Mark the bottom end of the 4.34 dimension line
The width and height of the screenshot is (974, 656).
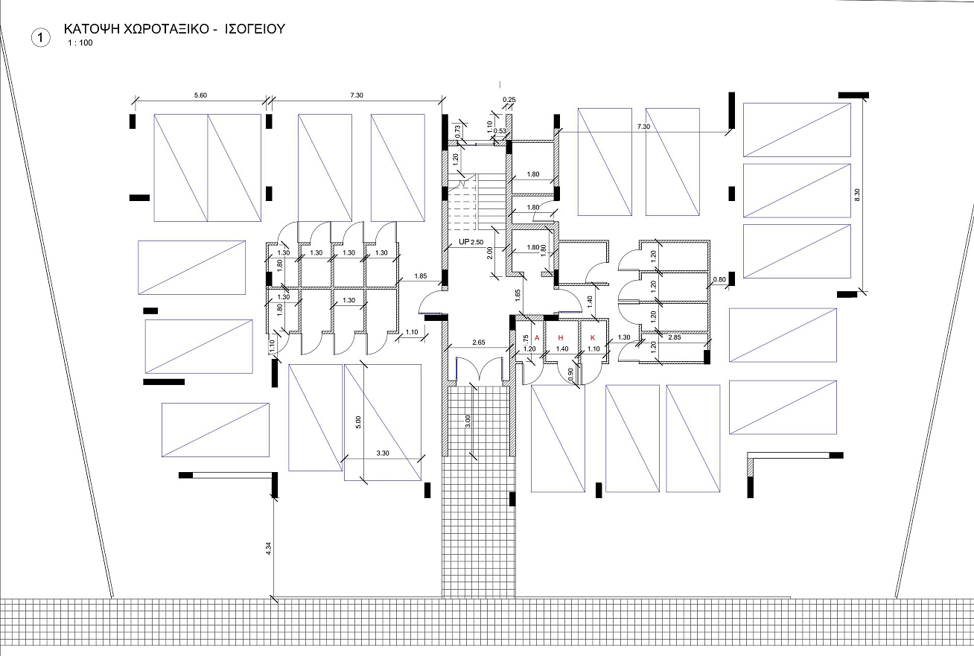[x=274, y=598]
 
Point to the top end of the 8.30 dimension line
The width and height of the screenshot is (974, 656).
[x=862, y=99]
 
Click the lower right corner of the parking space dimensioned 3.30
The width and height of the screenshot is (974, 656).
[x=421, y=480]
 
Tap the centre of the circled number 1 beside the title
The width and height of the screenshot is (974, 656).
[x=41, y=38]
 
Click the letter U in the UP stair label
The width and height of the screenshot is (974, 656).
[x=462, y=242]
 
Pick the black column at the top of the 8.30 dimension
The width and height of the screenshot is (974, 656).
[x=853, y=95]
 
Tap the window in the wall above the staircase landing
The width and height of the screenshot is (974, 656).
[x=479, y=144]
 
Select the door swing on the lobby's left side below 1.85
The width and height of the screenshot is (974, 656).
[x=431, y=302]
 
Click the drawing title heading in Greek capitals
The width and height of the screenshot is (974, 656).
[x=174, y=29]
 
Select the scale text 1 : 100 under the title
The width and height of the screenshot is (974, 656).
[x=80, y=43]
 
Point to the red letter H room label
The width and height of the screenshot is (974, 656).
[x=561, y=338]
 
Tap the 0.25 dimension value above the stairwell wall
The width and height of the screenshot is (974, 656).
[x=509, y=100]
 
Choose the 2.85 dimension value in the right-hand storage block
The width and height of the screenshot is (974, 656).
[x=675, y=337]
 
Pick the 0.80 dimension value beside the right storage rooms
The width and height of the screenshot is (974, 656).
[x=719, y=279]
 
